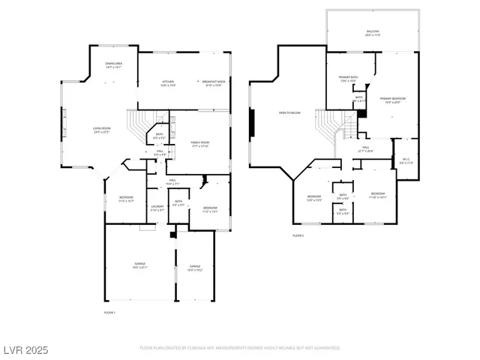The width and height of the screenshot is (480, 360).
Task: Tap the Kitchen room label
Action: (x=169, y=82)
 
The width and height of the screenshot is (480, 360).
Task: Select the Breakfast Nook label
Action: (x=213, y=82)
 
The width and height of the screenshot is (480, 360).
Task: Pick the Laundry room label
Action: (x=157, y=208)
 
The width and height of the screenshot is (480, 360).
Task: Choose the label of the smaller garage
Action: (x=195, y=268)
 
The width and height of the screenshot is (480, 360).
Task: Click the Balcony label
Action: (x=372, y=33)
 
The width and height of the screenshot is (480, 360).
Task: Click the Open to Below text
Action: (x=286, y=113)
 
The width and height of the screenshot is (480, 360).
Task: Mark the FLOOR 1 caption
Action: (x=109, y=311)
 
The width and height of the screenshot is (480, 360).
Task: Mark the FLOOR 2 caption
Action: (x=298, y=235)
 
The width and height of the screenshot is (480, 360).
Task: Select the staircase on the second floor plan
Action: (x=331, y=124)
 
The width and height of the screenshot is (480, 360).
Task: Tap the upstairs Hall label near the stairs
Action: (x=367, y=150)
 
